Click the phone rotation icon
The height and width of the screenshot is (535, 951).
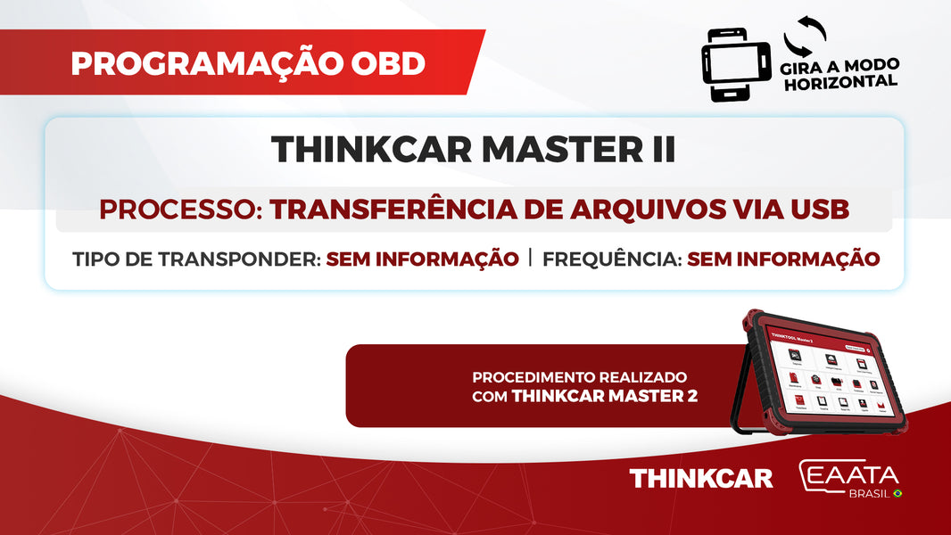(736, 65)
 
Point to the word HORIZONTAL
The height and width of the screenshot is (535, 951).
(839, 81)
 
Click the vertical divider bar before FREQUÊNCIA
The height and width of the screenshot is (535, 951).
(531, 259)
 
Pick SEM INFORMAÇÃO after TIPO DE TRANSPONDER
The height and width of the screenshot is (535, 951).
(422, 259)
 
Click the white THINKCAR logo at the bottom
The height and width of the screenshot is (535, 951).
(701, 479)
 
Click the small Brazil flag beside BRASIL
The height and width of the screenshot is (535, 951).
(897, 493)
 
